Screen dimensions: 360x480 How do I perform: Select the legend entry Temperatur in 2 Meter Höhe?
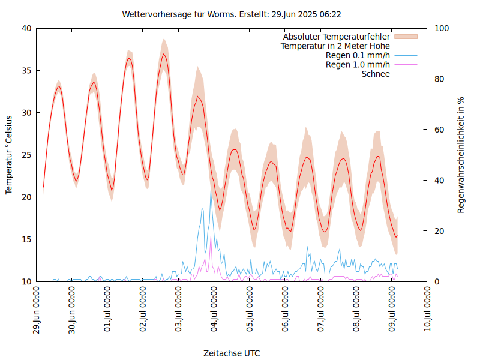click(x=335, y=46)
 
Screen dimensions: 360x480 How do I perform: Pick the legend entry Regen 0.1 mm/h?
click(x=358, y=56)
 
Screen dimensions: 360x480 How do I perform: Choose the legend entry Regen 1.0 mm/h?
click(x=358, y=65)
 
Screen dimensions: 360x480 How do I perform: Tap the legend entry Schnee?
click(x=376, y=74)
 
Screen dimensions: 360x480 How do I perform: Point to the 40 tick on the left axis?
click(x=26, y=28)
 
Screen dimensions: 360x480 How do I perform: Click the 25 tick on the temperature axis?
click(x=26, y=155)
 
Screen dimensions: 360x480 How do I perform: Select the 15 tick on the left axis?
click(x=26, y=239)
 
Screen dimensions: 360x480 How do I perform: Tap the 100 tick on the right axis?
click(x=442, y=28)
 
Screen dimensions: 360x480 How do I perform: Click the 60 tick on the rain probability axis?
click(x=439, y=130)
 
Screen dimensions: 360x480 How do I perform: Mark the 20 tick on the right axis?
click(x=439, y=231)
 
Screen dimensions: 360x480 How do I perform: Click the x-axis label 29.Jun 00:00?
click(x=37, y=311)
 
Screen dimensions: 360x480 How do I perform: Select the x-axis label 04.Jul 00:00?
click(x=214, y=311)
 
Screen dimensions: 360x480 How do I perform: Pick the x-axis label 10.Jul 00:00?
click(x=427, y=311)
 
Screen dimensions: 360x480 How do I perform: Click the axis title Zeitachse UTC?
click(x=232, y=353)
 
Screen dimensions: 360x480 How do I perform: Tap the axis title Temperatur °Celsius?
click(x=9, y=155)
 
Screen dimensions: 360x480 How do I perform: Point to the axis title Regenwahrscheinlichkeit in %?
click(x=461, y=155)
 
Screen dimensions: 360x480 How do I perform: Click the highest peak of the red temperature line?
click(x=163, y=54)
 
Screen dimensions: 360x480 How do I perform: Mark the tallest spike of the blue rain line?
click(x=211, y=191)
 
